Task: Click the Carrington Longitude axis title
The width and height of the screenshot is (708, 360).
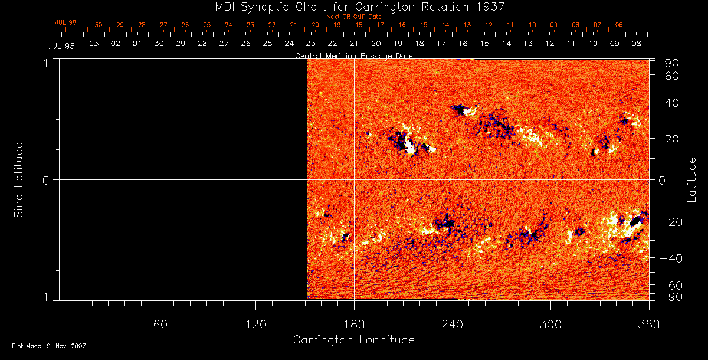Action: pyautogui.click(x=353, y=340)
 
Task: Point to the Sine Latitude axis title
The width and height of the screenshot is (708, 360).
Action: pyautogui.click(x=19, y=179)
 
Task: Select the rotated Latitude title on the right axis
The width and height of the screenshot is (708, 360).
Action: pyautogui.click(x=691, y=179)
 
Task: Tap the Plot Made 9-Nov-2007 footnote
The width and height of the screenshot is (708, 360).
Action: pyautogui.click(x=49, y=346)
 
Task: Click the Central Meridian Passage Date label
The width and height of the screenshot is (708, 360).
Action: pyautogui.click(x=353, y=55)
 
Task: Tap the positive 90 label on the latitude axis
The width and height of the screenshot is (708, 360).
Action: pyautogui.click(x=673, y=63)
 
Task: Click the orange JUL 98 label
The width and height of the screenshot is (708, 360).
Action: pyautogui.click(x=65, y=22)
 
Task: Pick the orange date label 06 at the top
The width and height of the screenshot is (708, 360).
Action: pyautogui.click(x=618, y=25)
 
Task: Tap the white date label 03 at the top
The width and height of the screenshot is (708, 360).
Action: pyautogui.click(x=94, y=44)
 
